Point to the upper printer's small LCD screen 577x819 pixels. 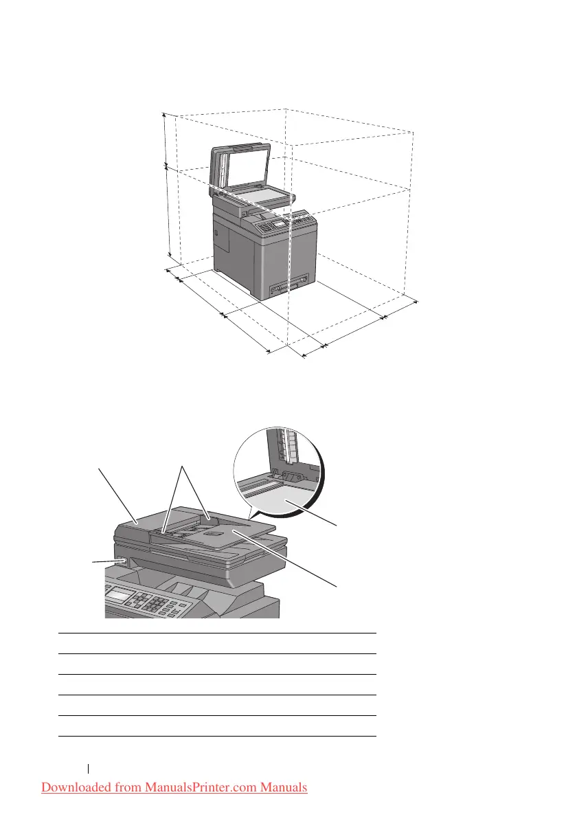click(279, 224)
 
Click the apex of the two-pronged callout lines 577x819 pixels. click(181, 467)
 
